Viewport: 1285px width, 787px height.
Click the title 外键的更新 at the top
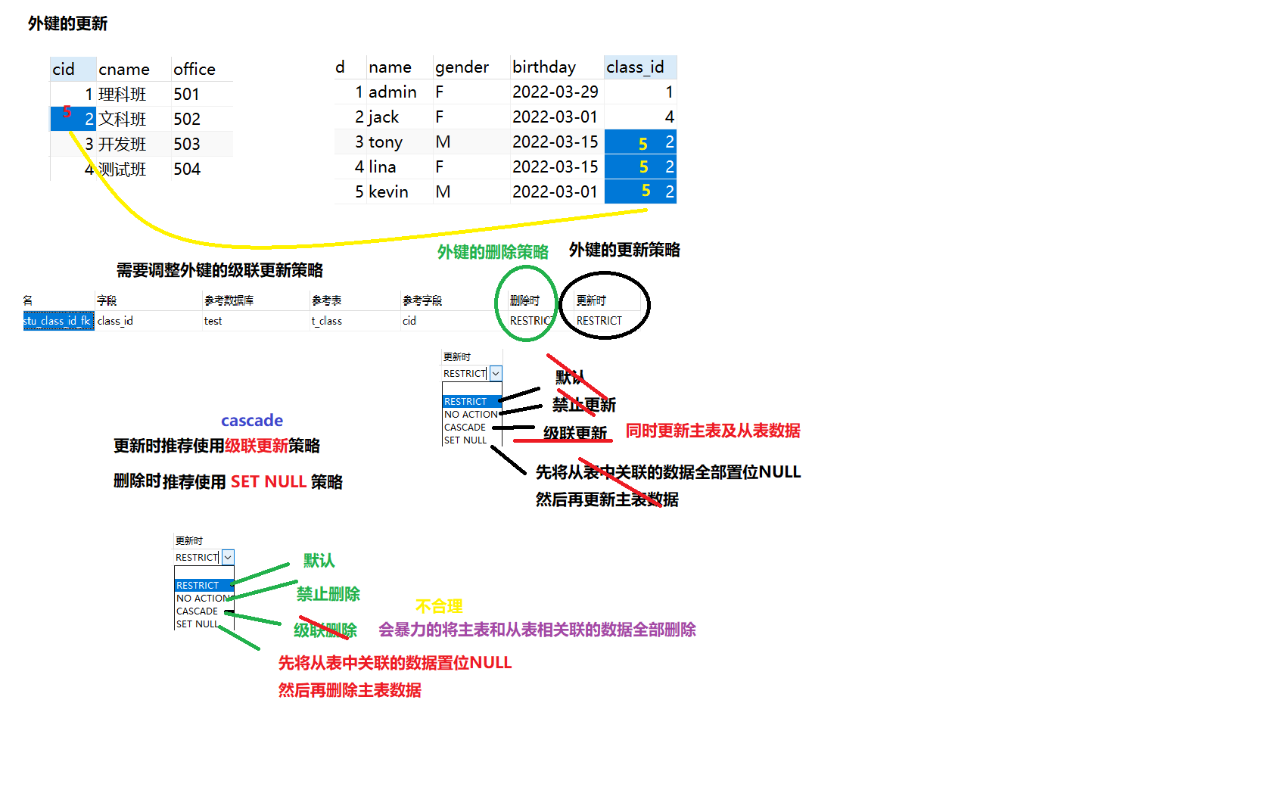[67, 23]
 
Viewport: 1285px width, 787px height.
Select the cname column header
[123, 70]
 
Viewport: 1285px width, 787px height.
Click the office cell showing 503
[187, 145]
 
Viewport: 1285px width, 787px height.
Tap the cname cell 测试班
[123, 170]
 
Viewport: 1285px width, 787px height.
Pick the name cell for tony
[385, 142]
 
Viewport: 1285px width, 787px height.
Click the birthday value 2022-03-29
[555, 92]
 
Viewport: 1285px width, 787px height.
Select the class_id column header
[635, 67]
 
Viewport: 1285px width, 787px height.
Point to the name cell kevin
[388, 192]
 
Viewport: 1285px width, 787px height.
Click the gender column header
[462, 67]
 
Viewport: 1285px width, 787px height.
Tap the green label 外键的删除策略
[493, 252]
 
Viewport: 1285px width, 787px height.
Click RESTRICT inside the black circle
[599, 321]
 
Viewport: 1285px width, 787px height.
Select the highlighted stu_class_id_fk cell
[58, 321]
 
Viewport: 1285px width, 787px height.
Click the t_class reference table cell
[327, 321]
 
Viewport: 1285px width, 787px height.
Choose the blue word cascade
[252, 421]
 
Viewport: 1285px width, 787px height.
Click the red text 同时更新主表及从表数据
[712, 431]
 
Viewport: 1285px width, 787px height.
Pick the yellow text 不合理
[439, 606]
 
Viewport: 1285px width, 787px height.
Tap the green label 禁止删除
[328, 594]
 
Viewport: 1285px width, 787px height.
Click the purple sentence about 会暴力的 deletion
[537, 630]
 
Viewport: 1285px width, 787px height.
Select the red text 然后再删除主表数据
[350, 690]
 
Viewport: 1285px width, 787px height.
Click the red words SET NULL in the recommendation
[268, 482]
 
